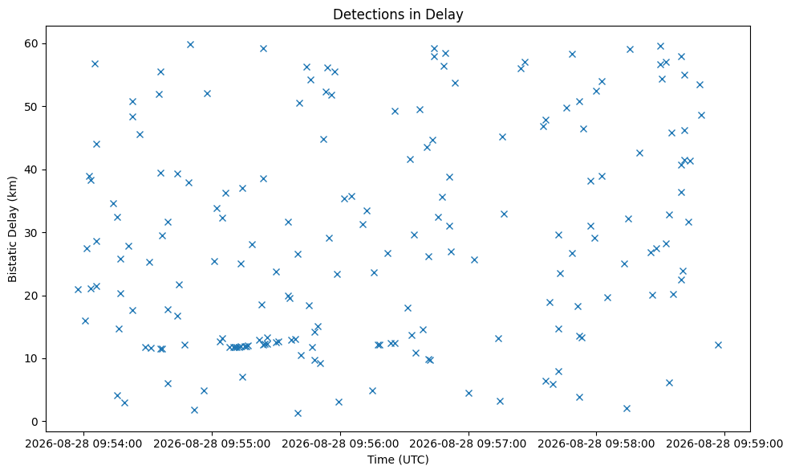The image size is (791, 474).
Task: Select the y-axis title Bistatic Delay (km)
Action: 13,229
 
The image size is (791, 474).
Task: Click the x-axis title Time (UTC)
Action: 398,460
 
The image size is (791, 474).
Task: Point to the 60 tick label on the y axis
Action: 31,43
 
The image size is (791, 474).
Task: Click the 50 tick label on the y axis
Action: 31,107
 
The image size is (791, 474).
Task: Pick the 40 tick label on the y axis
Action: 31,170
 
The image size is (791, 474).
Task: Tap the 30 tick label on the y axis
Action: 31,232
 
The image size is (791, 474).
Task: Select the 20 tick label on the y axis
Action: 31,296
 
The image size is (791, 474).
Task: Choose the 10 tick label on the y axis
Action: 31,359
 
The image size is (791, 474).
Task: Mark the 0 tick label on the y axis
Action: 34,422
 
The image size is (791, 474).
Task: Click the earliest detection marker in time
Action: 78,289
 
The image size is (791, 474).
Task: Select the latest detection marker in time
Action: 718,345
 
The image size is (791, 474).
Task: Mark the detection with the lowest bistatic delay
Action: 298,414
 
